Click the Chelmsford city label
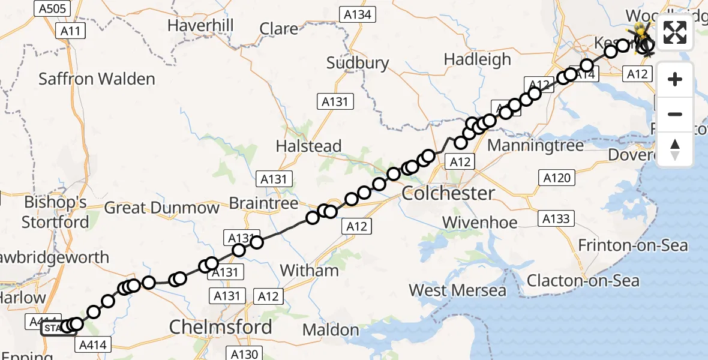[x=220, y=327]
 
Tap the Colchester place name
[x=448, y=193]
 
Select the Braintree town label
[x=264, y=203]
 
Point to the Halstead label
[x=308, y=146]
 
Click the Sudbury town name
[x=358, y=63]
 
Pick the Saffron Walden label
[x=97, y=79]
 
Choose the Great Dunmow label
[x=162, y=208]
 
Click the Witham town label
[x=310, y=271]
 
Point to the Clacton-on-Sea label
[x=583, y=281]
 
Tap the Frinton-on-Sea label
[x=633, y=245]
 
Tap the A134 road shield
[x=357, y=15]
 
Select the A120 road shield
[x=557, y=178]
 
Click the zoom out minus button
[x=675, y=114]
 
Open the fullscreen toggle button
[x=675, y=32]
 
